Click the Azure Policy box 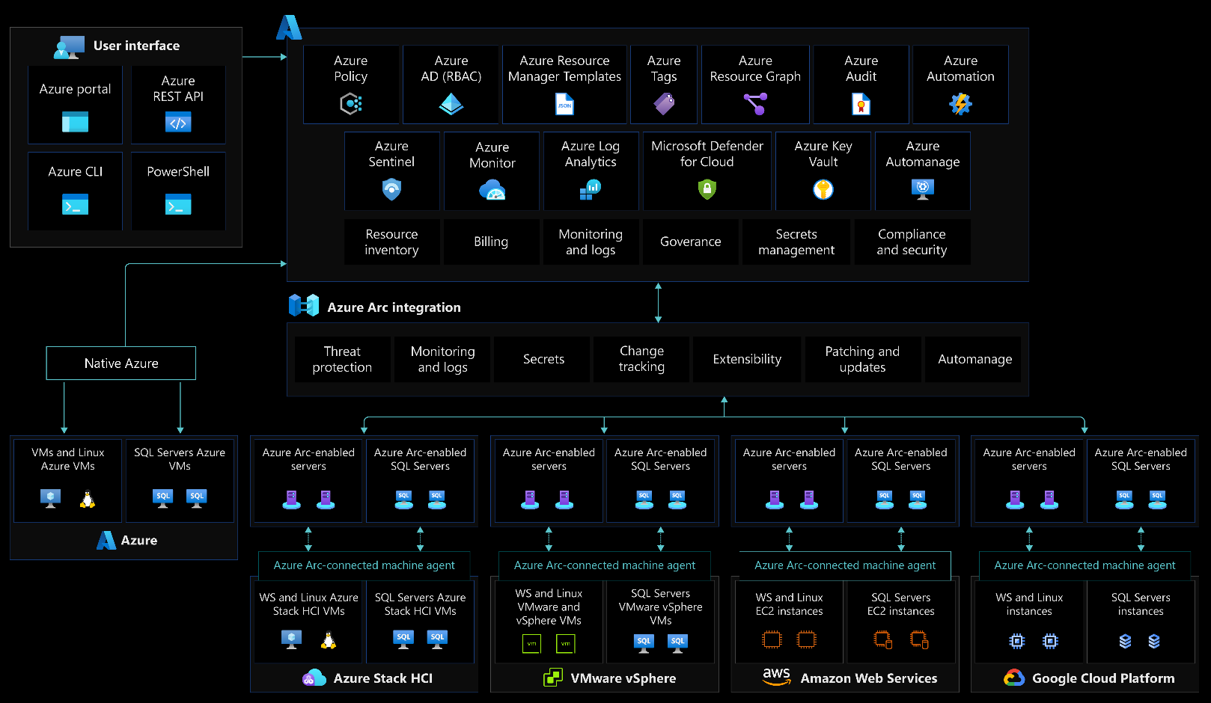tap(350, 84)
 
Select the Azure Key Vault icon tap(823, 190)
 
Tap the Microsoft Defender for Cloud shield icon tap(707, 190)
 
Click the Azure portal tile tap(75, 105)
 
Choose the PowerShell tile tap(178, 191)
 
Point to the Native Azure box tap(121, 363)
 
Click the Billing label tap(491, 242)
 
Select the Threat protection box tap(342, 359)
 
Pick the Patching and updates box tap(862, 359)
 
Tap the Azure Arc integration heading tap(394, 307)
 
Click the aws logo tap(776, 676)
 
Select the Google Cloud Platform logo tap(1013, 678)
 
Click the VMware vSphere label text tap(623, 678)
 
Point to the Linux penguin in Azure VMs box tap(88, 499)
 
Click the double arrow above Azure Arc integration tap(658, 302)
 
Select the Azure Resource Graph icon tap(755, 103)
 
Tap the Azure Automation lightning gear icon tap(960, 103)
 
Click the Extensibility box tap(747, 359)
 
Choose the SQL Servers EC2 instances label tap(900, 604)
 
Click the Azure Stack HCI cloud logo tap(314, 678)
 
